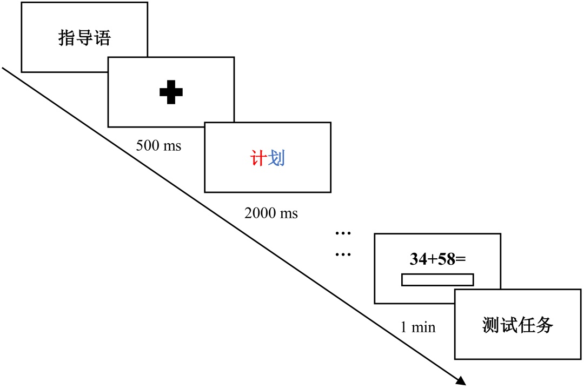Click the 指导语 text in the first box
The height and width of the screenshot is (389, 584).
point(84,38)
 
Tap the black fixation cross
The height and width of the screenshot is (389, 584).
point(171,92)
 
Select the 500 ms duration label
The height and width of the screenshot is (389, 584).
point(158,146)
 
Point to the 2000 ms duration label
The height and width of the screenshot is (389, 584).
point(271,213)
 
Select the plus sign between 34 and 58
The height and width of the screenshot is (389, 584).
point(432,260)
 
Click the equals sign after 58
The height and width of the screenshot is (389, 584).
point(461,260)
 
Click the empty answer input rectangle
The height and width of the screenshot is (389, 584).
point(437,280)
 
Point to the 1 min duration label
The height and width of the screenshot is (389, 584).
point(417,327)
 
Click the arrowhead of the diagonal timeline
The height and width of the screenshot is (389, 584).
point(461,381)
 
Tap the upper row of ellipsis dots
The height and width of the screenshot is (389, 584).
point(343,233)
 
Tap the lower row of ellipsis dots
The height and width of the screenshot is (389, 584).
point(343,253)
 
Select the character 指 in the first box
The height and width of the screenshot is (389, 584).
point(67,38)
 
